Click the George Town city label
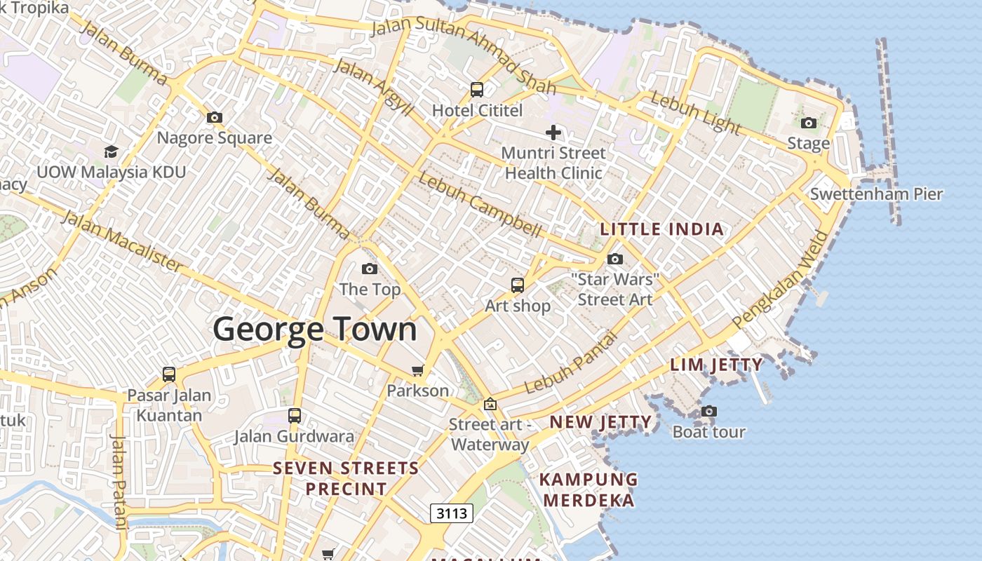point(315,329)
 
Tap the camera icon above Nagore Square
point(215,117)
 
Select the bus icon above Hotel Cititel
point(477,90)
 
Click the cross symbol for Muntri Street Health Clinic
point(553,132)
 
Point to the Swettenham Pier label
point(876,194)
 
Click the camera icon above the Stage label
point(809,123)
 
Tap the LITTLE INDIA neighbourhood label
point(662,229)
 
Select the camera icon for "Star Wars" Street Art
point(615,259)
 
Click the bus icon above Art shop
point(518,285)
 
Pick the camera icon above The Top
point(370,269)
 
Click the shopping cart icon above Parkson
point(418,370)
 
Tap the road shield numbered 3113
point(452,513)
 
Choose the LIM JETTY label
point(716,365)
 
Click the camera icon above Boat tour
point(709,411)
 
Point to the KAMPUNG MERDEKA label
point(588,490)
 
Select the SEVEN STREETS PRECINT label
point(346,478)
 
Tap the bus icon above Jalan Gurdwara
point(295,415)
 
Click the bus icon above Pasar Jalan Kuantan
point(169,374)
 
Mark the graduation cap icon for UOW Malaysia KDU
point(111,151)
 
